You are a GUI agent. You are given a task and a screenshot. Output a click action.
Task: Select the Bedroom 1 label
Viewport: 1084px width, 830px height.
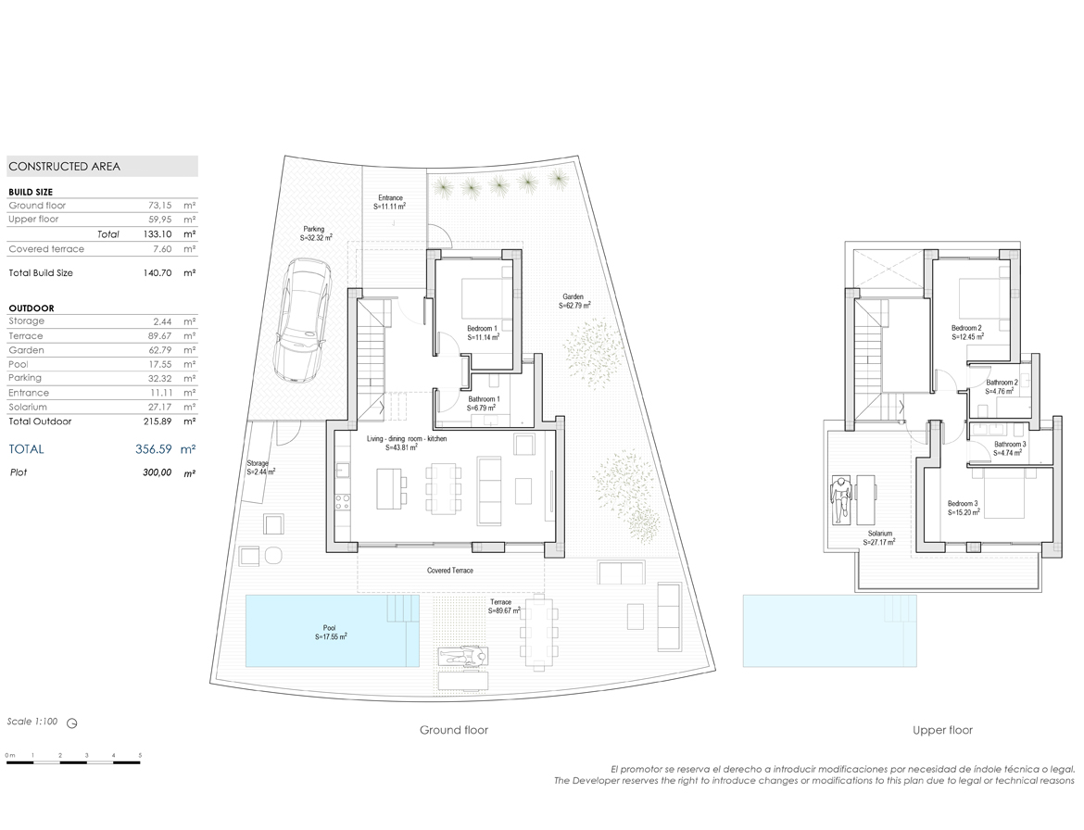[x=483, y=333]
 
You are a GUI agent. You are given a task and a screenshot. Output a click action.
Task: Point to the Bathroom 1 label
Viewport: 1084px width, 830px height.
[x=484, y=404]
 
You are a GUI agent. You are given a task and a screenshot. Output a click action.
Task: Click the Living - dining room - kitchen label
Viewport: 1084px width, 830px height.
[x=407, y=443]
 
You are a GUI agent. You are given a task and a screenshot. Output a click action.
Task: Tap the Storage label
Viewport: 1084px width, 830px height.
[x=260, y=468]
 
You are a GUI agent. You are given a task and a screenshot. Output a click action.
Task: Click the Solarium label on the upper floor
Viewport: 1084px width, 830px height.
[x=879, y=538]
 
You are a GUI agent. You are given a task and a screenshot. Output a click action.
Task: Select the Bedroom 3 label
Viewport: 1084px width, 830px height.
[x=963, y=508]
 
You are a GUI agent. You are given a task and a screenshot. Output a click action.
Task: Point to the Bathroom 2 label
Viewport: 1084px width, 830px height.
[x=1001, y=386]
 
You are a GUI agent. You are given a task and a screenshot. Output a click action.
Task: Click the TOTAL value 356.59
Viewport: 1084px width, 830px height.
[x=154, y=449]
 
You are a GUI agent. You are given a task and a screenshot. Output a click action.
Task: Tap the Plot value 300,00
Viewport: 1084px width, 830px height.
[x=158, y=472]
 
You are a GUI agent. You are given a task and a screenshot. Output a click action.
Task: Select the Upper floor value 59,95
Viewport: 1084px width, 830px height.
[x=159, y=219]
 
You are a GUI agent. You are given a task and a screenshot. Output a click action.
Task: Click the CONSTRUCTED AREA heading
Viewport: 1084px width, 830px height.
[x=64, y=167]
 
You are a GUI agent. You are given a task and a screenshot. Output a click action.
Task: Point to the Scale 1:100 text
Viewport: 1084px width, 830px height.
[x=32, y=722]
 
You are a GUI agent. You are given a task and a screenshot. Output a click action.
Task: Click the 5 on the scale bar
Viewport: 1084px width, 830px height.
[x=140, y=755]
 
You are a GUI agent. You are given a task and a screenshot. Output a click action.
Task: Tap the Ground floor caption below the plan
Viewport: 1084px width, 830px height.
[x=453, y=730]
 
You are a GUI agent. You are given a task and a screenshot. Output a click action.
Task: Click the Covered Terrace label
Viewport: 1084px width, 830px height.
[x=450, y=571]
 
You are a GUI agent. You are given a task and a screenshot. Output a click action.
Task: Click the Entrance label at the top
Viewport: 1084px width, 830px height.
[x=390, y=202]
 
